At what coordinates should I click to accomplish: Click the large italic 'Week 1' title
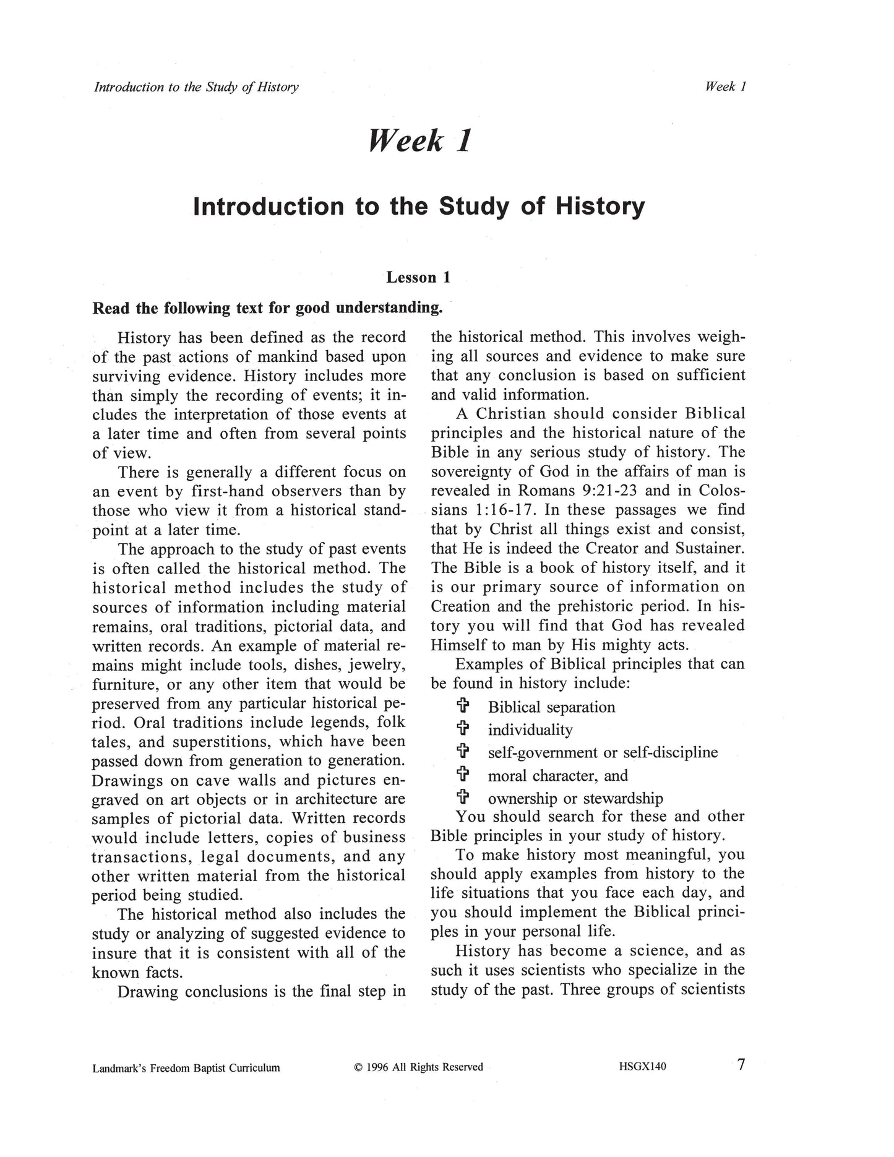(x=420, y=140)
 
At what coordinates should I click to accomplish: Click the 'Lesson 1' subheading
(x=418, y=277)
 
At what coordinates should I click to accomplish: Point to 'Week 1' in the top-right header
(x=726, y=87)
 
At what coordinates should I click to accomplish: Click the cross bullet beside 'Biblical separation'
(x=462, y=706)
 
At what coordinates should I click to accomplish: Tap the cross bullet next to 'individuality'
(x=462, y=729)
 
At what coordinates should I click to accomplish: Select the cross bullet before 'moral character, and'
(x=462, y=775)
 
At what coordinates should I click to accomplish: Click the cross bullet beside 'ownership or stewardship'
(x=462, y=798)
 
